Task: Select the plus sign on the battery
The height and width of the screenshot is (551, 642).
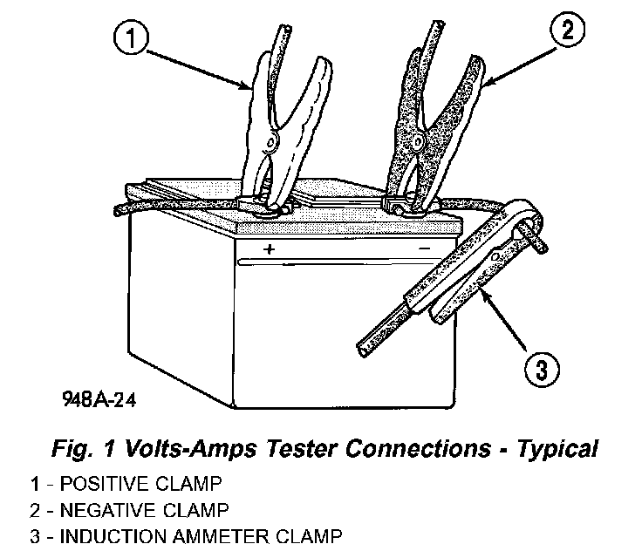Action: coord(270,249)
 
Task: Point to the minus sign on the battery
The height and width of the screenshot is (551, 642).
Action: coord(425,248)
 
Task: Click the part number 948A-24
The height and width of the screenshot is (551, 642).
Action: coord(99,400)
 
